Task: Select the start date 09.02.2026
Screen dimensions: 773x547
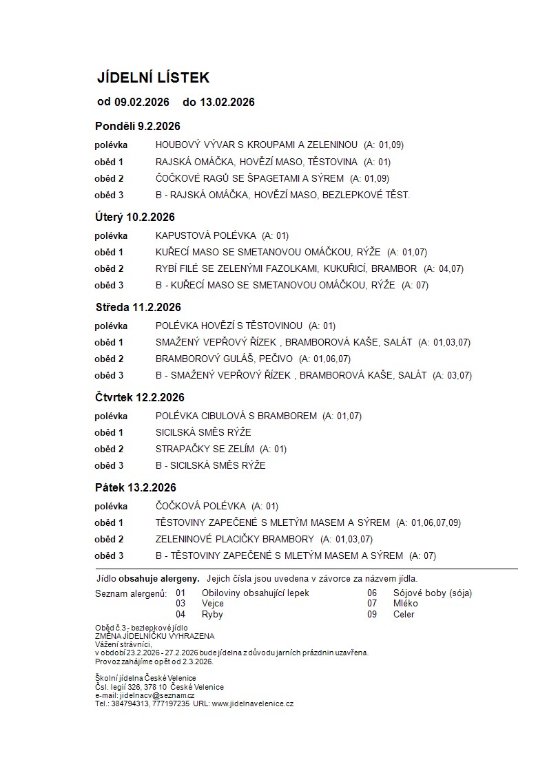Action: tap(142, 103)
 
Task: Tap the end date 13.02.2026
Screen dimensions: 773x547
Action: tap(227, 103)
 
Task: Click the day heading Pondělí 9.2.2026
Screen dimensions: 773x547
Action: tap(137, 126)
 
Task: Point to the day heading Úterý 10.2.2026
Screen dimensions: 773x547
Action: tap(134, 217)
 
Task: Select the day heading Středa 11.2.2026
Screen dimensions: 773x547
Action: tap(138, 307)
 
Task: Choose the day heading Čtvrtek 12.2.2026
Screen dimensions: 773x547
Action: tap(140, 397)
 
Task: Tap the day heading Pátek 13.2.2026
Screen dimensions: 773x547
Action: tap(136, 487)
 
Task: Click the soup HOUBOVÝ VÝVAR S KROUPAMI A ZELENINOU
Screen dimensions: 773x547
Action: tap(256, 145)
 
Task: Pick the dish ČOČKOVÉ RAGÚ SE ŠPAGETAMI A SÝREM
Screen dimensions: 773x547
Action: tap(249, 178)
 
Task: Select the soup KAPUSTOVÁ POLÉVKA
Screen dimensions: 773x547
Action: tap(205, 235)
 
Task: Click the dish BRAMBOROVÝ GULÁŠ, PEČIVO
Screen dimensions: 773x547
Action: tap(224, 359)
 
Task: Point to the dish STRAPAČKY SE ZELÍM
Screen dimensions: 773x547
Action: tap(205, 449)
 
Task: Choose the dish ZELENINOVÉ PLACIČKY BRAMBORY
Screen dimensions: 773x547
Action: tap(234, 539)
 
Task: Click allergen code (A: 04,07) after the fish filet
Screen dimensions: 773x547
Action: tap(443, 268)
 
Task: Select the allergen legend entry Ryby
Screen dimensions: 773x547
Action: tap(212, 614)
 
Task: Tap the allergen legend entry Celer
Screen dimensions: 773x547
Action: tap(403, 614)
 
